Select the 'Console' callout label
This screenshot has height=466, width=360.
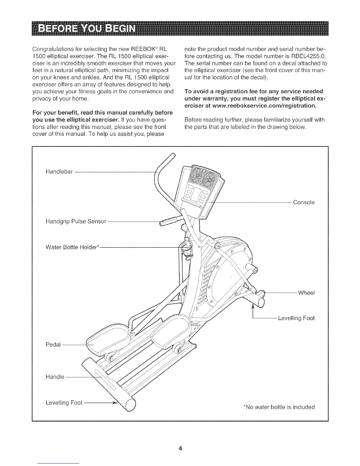point(304,202)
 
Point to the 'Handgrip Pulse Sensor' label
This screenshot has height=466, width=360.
point(76,221)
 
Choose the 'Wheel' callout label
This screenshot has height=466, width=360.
point(306,293)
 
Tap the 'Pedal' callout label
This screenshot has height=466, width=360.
point(53,344)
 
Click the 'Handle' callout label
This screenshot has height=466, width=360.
point(55,377)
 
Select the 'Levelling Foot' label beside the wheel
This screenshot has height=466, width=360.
point(296,318)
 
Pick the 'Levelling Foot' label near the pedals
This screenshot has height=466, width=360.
point(64,403)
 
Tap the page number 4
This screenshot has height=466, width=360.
point(180,448)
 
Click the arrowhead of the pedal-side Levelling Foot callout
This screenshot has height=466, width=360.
point(116,402)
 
